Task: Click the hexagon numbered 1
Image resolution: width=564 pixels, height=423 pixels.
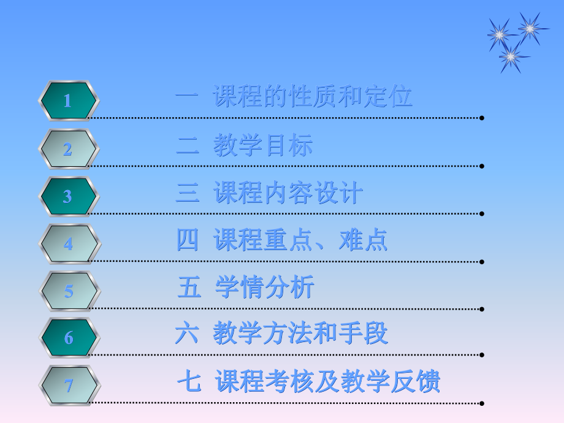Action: [x=68, y=101]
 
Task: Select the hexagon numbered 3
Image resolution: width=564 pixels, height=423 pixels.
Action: [x=68, y=197]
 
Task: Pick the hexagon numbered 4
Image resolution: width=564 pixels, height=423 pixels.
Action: [x=68, y=244]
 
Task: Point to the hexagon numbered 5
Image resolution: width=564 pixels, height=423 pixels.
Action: [x=68, y=291]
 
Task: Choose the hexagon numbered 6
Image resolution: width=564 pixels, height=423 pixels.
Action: [x=68, y=338]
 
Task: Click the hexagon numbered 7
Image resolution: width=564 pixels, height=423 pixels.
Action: [x=68, y=386]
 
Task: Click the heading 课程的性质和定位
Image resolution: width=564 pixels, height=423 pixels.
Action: [x=313, y=97]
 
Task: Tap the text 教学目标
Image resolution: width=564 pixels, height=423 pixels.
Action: [x=263, y=146]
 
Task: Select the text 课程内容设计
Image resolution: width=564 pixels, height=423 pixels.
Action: [x=288, y=194]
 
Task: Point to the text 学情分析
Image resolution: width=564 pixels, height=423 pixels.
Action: [x=265, y=288]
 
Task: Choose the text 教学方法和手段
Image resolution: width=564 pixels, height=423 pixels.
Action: [x=300, y=334]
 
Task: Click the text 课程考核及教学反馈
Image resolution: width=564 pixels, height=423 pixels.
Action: [x=328, y=382]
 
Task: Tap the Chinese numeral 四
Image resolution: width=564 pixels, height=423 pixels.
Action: [x=188, y=240]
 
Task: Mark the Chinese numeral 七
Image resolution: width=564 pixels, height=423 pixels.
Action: [x=189, y=382]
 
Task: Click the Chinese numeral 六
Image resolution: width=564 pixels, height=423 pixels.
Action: [x=186, y=334]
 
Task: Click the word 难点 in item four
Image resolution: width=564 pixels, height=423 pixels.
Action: [x=363, y=240]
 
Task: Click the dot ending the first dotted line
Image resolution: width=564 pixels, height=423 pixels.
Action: [x=482, y=118]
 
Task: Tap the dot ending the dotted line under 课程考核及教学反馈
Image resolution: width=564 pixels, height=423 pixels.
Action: [x=482, y=403]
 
